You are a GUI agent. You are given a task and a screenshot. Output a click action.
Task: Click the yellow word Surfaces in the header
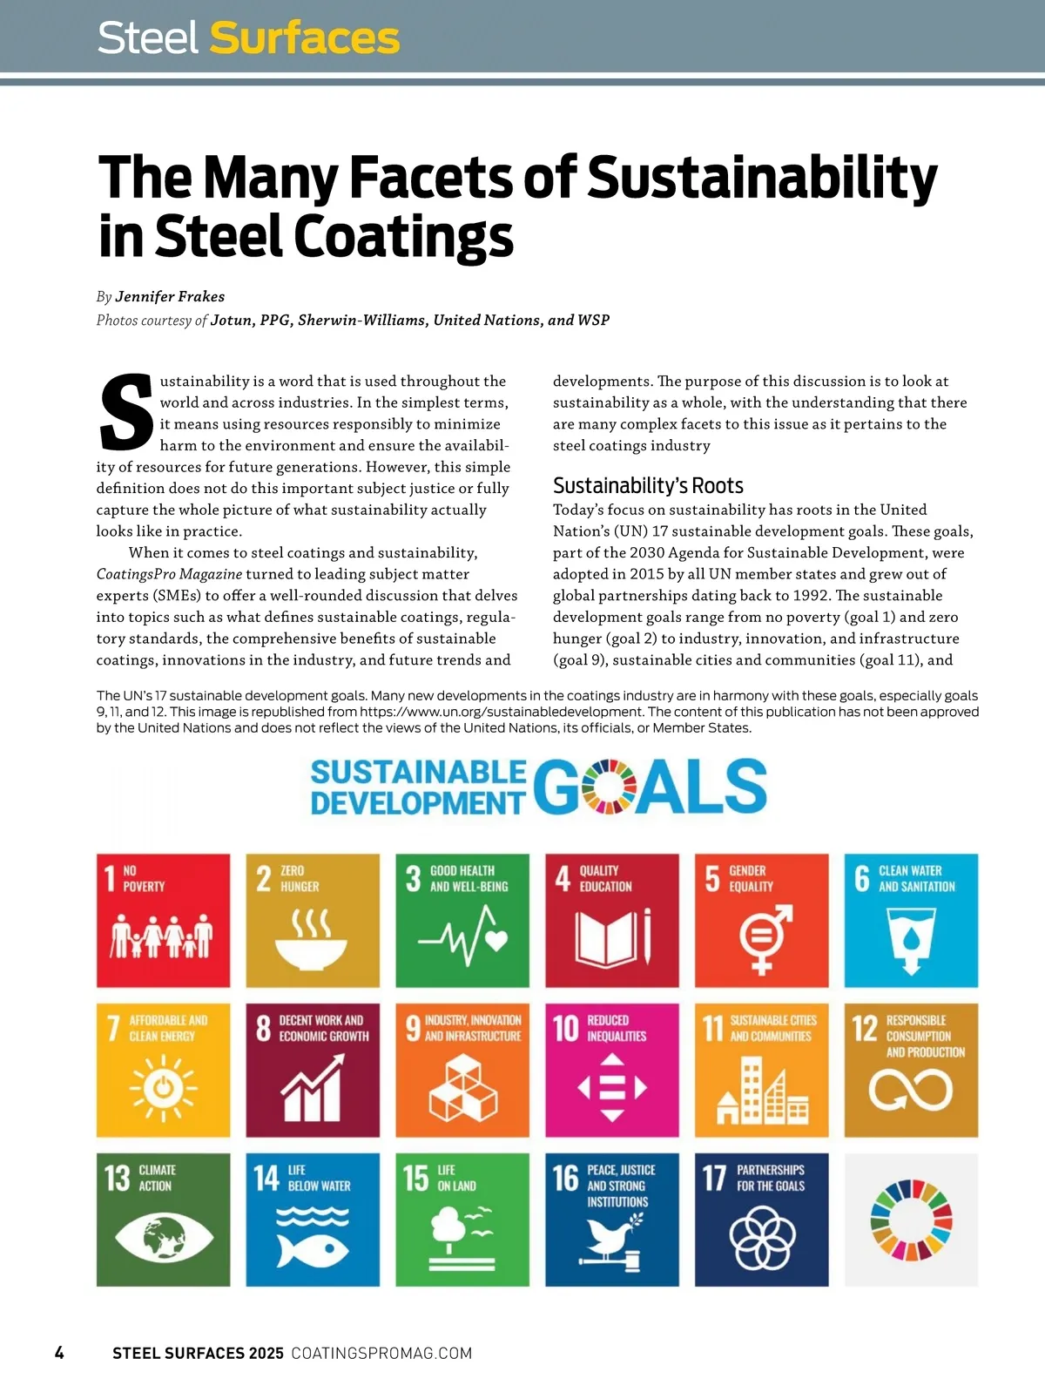[x=304, y=38]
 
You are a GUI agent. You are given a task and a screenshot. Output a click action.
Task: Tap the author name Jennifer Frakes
[x=170, y=296]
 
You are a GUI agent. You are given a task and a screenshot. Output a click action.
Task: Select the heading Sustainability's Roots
[x=648, y=485]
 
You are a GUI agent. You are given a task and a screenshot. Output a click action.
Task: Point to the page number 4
[x=59, y=1353]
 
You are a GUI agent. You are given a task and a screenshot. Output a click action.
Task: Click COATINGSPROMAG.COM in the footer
[x=381, y=1353]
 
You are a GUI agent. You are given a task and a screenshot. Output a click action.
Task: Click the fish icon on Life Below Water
[x=313, y=1249]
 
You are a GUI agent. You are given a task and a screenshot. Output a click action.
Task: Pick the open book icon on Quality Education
[x=612, y=938]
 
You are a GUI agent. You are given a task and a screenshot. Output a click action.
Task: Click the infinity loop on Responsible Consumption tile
[x=911, y=1090]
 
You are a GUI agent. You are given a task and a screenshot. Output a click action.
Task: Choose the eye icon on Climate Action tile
[x=164, y=1237]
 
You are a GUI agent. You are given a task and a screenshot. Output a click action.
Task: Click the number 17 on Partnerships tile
[x=714, y=1178]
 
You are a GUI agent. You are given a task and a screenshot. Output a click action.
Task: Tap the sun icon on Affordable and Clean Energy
[x=163, y=1088]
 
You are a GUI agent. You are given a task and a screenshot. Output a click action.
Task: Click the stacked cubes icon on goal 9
[x=462, y=1088]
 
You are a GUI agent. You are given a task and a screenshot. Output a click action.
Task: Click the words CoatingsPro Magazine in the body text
[x=169, y=574]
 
